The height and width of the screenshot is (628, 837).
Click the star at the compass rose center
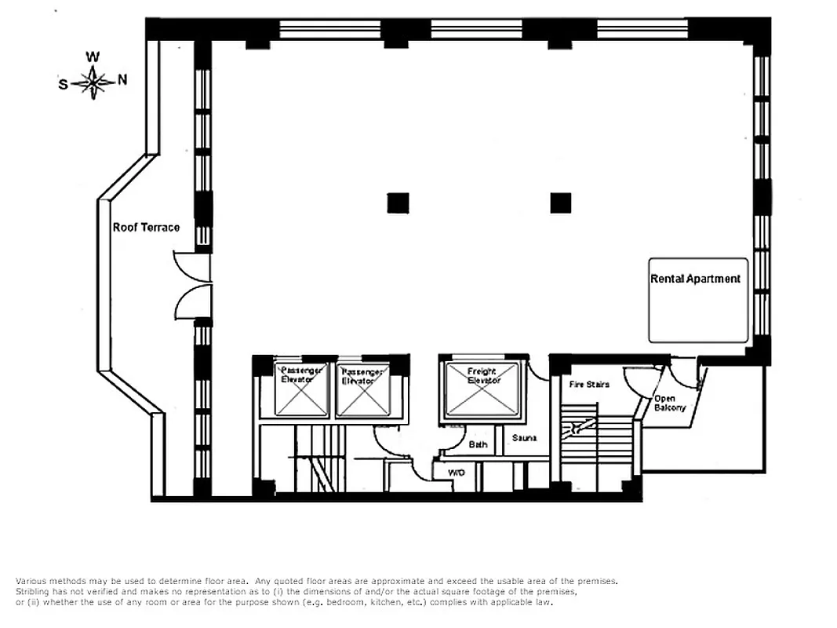click(93, 81)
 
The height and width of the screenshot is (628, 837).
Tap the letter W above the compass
click(93, 57)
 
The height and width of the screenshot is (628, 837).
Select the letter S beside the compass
click(63, 84)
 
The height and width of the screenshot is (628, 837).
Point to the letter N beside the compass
click(122, 80)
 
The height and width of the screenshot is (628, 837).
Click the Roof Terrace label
click(146, 228)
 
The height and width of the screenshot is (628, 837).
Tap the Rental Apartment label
click(695, 279)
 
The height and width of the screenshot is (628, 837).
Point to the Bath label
click(478, 444)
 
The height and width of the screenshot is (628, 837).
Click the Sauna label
click(524, 437)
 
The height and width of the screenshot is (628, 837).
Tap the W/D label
click(456, 473)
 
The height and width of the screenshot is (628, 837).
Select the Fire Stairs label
click(589, 384)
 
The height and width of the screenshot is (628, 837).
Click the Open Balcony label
click(669, 403)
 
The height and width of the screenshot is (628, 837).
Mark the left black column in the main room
click(398, 203)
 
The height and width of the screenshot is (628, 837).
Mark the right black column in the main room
click(560, 203)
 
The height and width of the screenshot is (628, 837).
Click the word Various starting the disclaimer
click(31, 581)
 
